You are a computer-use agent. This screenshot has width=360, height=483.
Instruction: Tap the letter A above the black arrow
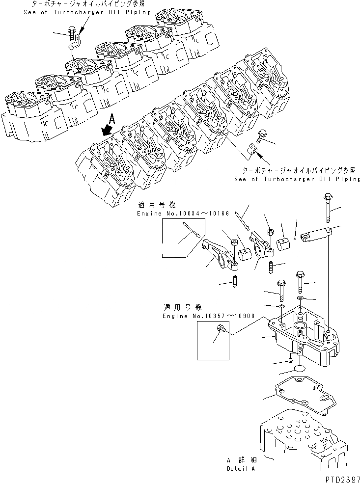[x=112, y=118]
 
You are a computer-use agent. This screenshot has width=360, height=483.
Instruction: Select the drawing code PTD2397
[x=339, y=477]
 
